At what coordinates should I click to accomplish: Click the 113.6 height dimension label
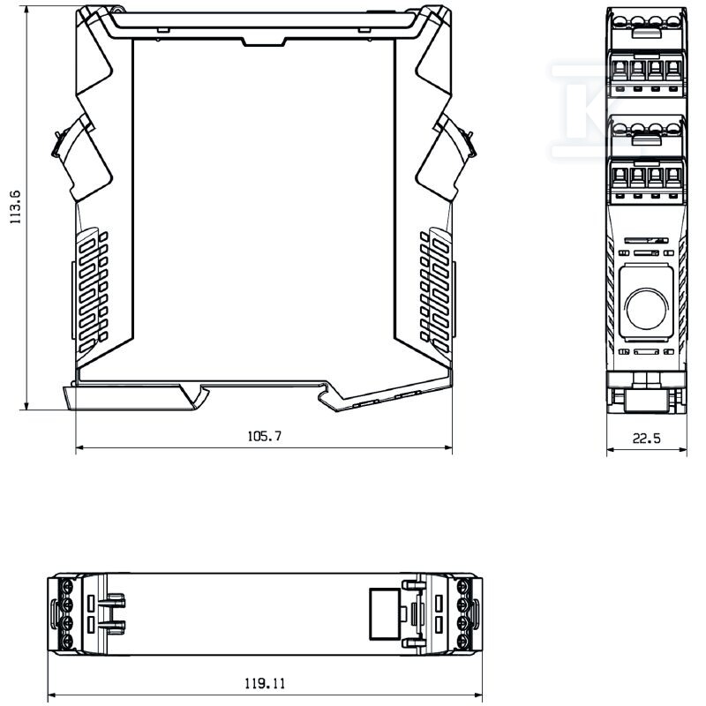15,207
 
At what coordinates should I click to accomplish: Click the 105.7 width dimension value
264,436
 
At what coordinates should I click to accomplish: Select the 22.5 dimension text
647,438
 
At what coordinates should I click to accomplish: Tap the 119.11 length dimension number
265,683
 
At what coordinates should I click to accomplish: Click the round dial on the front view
646,309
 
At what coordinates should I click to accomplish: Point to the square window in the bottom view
385,613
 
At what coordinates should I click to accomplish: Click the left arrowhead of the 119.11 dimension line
51,695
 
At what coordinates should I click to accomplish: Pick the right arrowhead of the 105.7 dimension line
448,447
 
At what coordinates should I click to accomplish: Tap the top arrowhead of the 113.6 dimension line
27,10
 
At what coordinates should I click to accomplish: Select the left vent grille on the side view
93,290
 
